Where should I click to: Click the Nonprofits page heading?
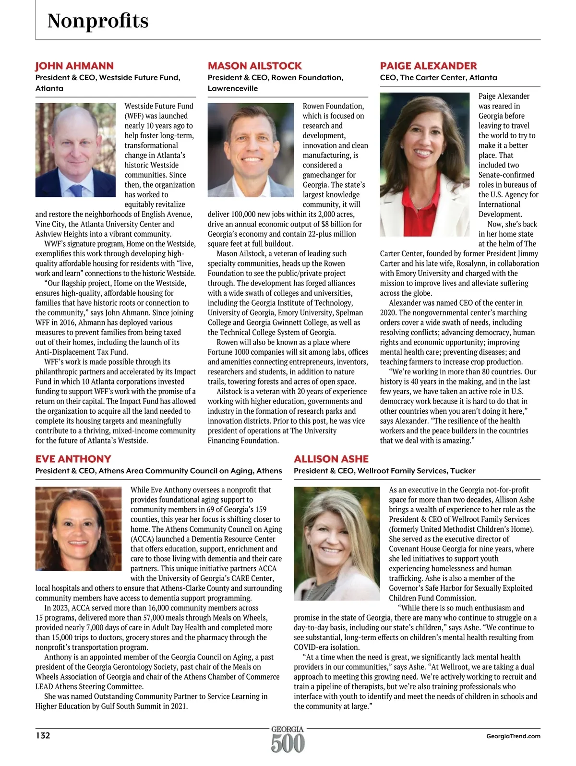[98, 21]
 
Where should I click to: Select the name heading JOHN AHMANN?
[74, 66]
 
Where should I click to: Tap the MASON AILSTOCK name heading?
[254, 66]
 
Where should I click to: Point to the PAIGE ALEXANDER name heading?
[428, 66]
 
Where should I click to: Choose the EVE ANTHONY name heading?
[73, 459]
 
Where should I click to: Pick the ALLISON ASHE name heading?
[331, 459]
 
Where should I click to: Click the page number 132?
[43, 735]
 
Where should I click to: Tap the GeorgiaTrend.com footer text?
[513, 736]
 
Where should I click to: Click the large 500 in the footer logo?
[288, 744]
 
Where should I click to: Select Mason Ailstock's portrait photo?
[251, 150]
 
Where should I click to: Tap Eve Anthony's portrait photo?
[78, 529]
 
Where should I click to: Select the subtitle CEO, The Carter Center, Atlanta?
[438, 77]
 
